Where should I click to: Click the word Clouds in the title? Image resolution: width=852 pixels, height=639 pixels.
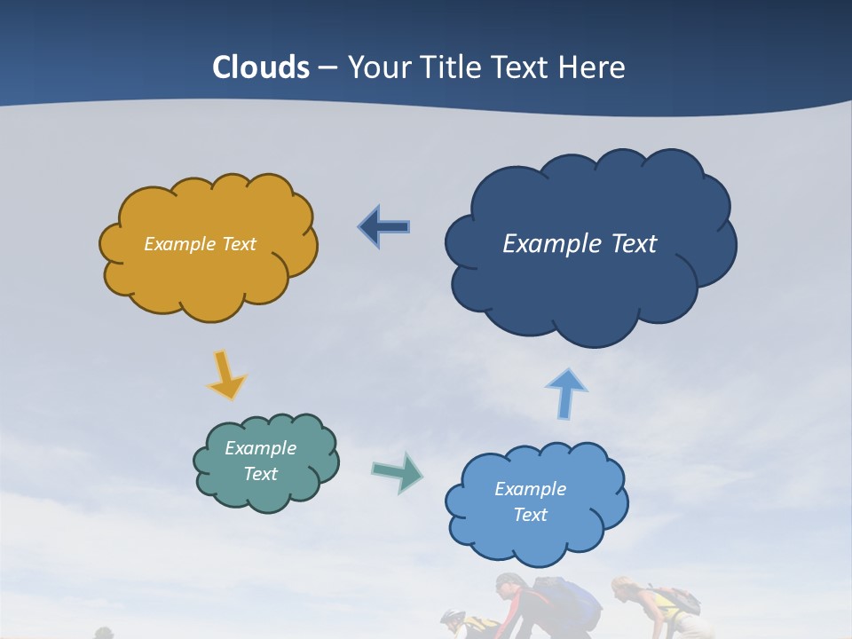point(261,67)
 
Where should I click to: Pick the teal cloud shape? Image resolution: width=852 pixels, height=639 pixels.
point(266,461)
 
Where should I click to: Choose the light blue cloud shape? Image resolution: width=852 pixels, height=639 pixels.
point(536,502)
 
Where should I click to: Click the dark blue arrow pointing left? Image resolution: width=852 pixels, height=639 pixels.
point(384,227)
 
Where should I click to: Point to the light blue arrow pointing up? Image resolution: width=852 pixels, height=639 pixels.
point(566,392)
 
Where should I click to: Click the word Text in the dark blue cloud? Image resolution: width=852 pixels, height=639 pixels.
point(634,244)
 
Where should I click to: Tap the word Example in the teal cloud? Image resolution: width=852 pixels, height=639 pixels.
point(261,448)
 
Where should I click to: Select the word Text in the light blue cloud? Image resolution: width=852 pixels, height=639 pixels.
point(531,515)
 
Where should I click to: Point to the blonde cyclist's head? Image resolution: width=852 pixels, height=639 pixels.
point(624,589)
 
